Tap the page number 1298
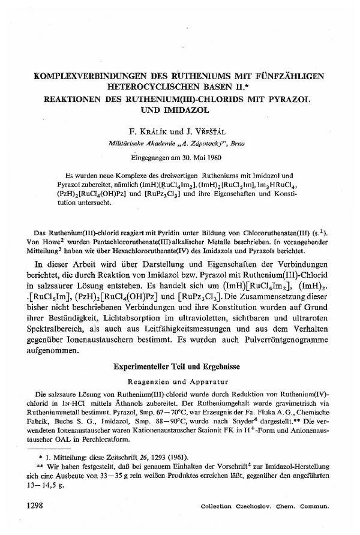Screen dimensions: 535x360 pos(36,506)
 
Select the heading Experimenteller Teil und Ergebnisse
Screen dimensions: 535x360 pos(179,366)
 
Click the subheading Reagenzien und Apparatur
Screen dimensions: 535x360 pos(179,380)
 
